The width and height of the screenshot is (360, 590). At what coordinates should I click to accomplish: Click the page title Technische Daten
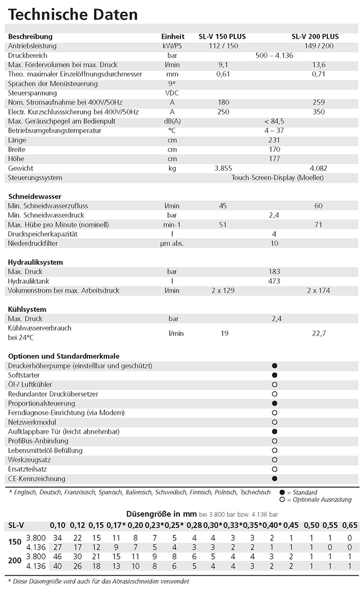click(x=73, y=14)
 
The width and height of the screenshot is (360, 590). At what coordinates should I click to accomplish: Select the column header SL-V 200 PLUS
click(x=315, y=37)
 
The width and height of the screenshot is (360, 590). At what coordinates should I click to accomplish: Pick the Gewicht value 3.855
click(x=223, y=168)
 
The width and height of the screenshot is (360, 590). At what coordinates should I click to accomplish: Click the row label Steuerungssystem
click(x=35, y=177)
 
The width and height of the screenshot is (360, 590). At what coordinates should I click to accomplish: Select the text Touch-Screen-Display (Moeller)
click(x=277, y=177)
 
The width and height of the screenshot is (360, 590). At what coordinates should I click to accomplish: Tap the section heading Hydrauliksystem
click(x=36, y=262)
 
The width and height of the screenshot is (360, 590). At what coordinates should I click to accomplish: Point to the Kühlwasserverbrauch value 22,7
click(x=319, y=333)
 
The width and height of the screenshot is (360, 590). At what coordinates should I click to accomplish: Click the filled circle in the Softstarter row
click(x=275, y=375)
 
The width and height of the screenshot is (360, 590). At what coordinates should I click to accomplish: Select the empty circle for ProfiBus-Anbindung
click(x=275, y=441)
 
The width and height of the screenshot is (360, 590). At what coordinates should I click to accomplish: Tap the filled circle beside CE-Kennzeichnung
click(x=275, y=479)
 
